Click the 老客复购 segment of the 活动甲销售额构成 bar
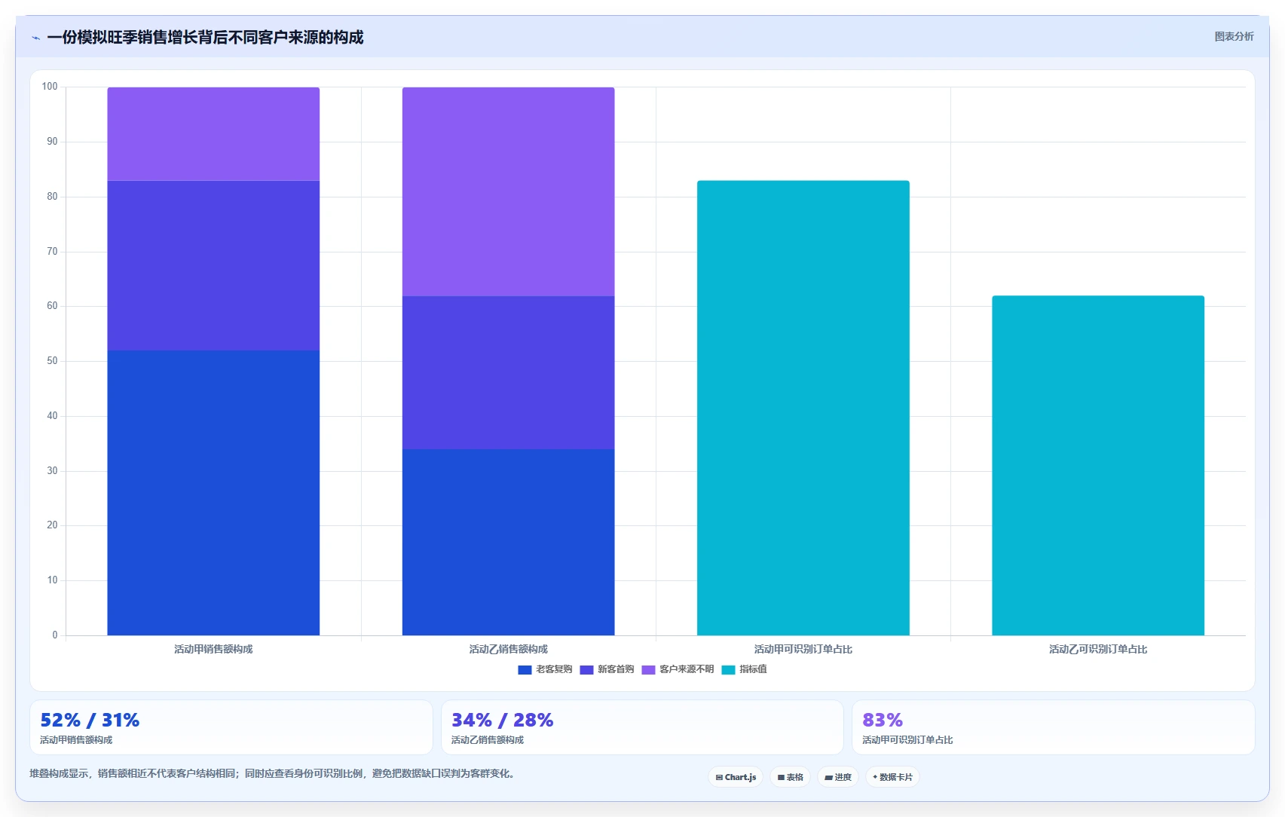[x=213, y=493]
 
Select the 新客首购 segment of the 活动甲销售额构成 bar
[x=213, y=265]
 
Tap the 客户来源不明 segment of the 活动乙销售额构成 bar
[x=508, y=191]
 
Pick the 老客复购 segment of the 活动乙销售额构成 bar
[x=508, y=542]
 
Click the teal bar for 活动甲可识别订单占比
[x=803, y=408]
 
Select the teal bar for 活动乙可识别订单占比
[x=1098, y=465]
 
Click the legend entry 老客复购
[x=545, y=669]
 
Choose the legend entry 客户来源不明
[x=678, y=669]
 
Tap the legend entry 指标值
[x=744, y=669]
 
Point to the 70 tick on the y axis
[x=52, y=251]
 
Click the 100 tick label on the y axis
[x=50, y=87]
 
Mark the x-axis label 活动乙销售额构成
[x=508, y=649]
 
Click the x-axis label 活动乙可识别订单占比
[x=1098, y=649]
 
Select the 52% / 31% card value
[x=90, y=720]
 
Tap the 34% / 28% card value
[x=502, y=720]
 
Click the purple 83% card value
[x=883, y=720]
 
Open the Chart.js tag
[x=736, y=777]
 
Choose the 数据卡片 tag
[x=892, y=777]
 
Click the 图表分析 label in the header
[x=1234, y=37]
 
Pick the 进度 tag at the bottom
[x=837, y=777]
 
